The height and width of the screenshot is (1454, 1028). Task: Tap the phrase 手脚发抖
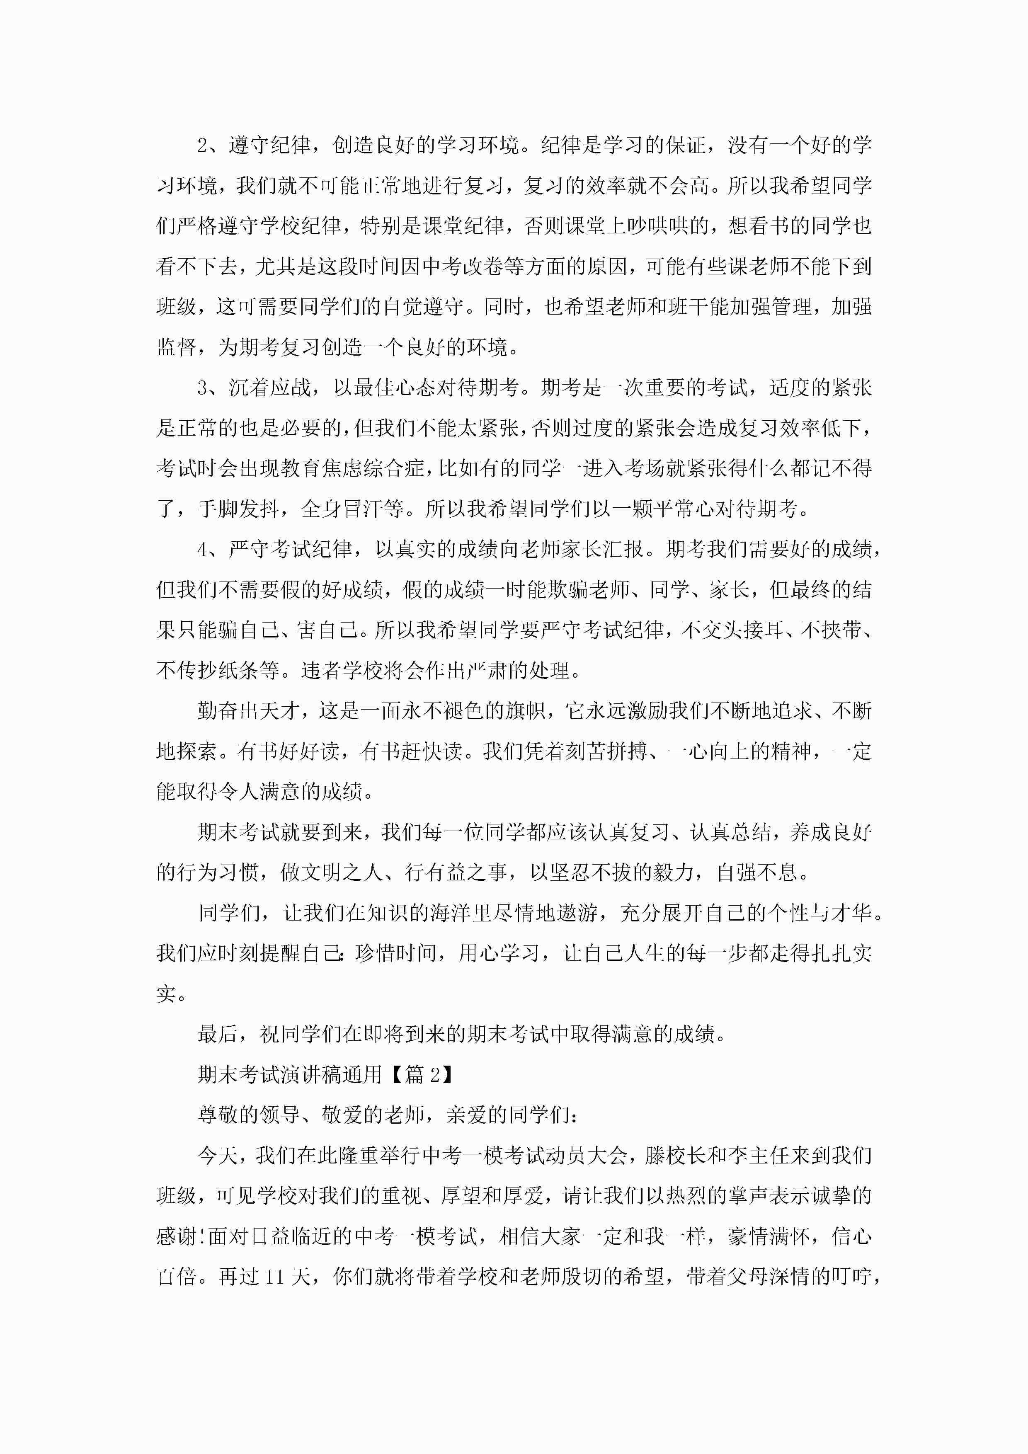(239, 509)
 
